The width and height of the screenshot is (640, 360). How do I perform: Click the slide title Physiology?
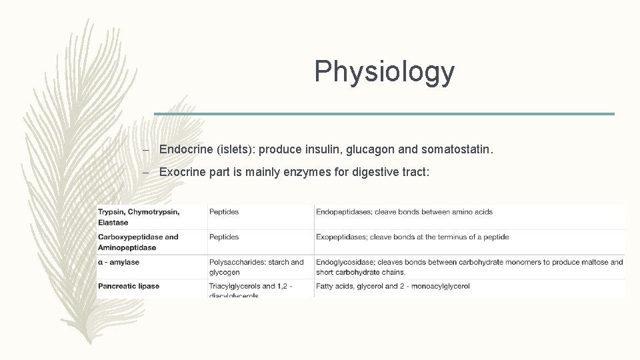point(384,71)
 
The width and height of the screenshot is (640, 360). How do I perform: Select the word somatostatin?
point(457,151)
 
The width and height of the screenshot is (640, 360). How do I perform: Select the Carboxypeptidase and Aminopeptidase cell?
point(138,242)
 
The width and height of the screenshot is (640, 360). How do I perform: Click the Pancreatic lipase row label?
point(129,286)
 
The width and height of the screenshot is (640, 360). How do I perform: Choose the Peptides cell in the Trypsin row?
point(224,212)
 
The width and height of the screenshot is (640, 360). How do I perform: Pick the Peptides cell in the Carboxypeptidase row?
point(224,237)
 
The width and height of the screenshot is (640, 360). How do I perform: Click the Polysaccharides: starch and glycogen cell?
point(256,267)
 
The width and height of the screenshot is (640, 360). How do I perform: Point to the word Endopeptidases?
point(343,212)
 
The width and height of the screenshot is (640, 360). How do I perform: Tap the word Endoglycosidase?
point(347,262)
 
